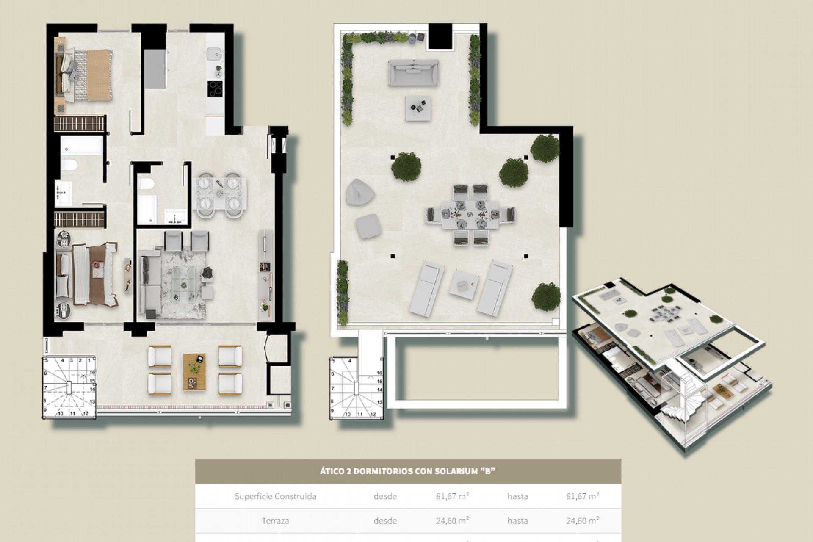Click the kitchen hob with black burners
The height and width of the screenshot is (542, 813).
[215, 89]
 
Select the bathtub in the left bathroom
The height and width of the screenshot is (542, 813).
[82, 145]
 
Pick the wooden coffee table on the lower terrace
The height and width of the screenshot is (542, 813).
[194, 372]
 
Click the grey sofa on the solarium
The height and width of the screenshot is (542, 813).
[413, 72]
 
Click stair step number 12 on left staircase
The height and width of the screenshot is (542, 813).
[86, 413]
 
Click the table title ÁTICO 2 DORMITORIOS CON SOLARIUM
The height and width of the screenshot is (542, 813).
[408, 471]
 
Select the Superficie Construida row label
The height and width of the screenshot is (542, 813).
[275, 496]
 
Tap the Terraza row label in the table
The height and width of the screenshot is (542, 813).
[275, 521]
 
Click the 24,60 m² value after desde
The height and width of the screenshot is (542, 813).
[452, 521]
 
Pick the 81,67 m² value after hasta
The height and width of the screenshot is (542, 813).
[583, 496]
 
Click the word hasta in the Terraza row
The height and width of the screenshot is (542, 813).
[517, 521]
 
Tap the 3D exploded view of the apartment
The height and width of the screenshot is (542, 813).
[671, 364]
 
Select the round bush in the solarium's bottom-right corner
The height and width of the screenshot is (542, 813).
[546, 296]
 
